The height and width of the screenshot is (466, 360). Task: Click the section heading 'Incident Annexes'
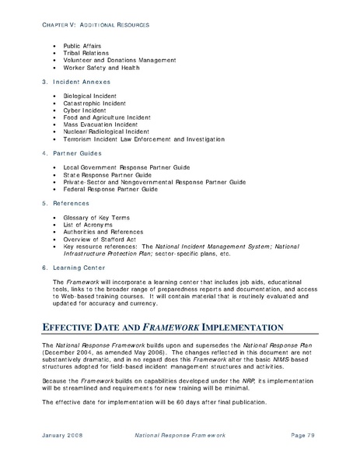(x=80, y=81)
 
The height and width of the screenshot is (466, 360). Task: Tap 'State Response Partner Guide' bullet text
(x=107, y=174)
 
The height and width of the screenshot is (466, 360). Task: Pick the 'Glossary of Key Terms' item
(x=96, y=216)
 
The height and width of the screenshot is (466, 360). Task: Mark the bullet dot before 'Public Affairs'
(x=54, y=46)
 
